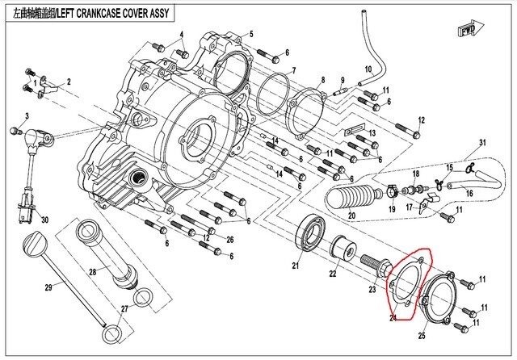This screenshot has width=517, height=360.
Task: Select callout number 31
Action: tap(483, 144)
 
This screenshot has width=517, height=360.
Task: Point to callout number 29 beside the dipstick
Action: tap(48, 287)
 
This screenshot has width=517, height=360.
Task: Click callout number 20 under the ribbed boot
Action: tap(351, 216)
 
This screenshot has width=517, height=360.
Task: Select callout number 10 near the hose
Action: tap(368, 69)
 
